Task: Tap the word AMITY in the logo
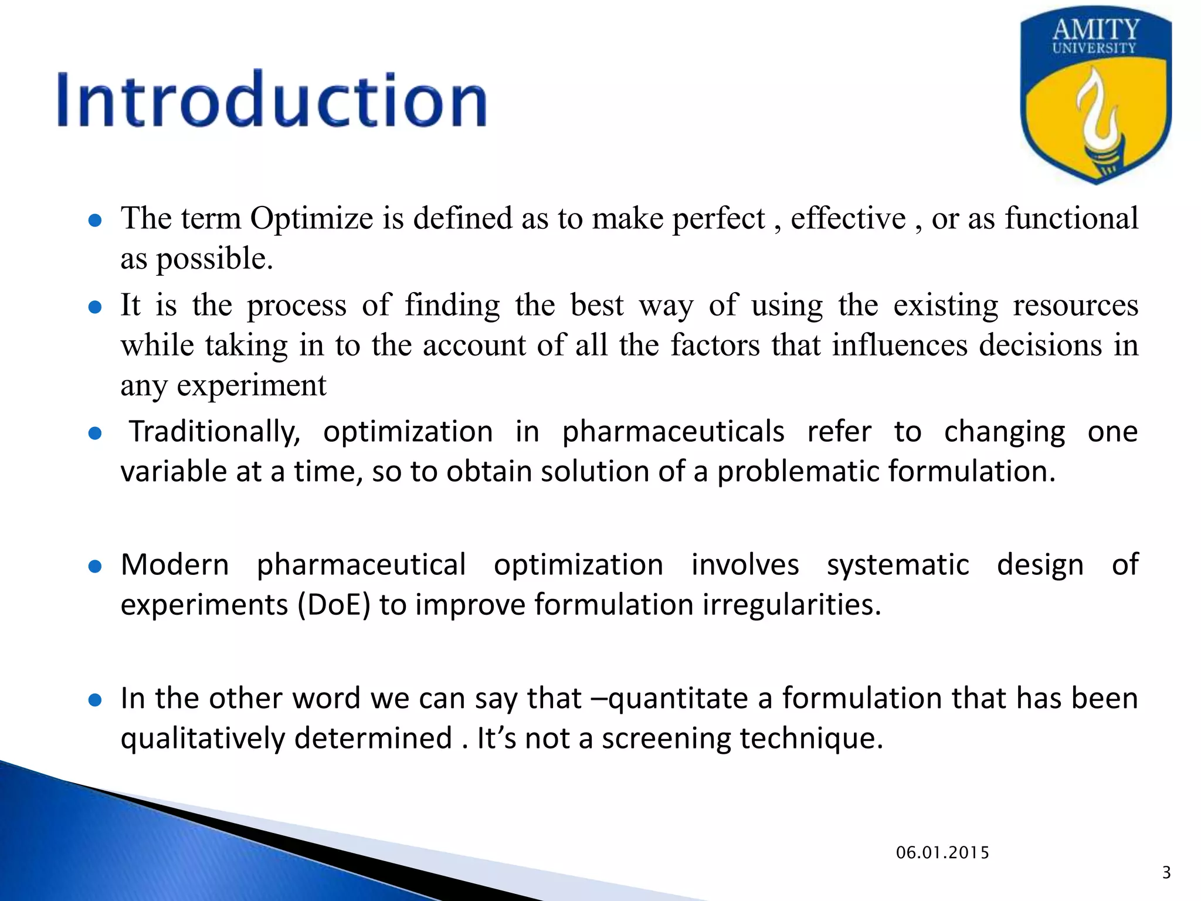coord(1096,29)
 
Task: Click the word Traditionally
coord(215,432)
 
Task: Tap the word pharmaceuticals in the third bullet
coord(673,432)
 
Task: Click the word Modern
coord(175,565)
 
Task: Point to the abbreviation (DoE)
coord(334,605)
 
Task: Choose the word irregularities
coord(792,605)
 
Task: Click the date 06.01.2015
coord(942,853)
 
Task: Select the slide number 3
coord(1166,873)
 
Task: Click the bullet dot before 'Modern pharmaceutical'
coord(95,567)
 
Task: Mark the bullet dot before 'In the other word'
coord(95,700)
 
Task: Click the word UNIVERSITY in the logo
coord(1094,49)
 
